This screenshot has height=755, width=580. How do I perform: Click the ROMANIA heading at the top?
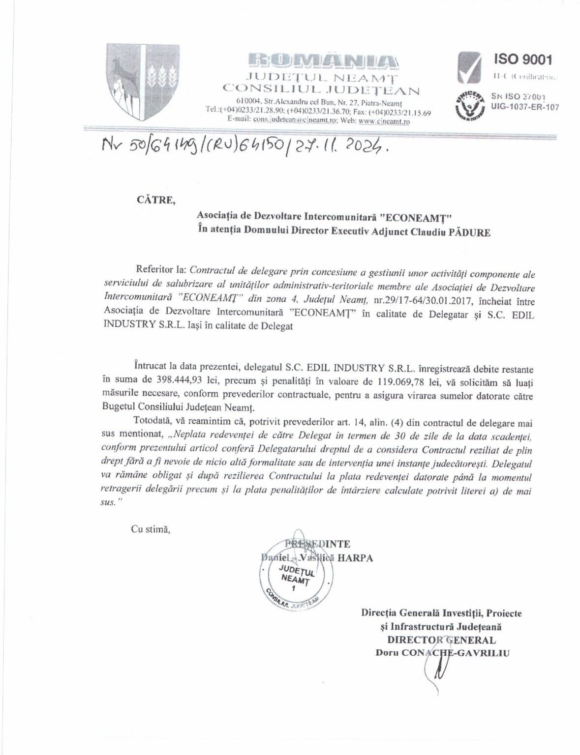(321, 60)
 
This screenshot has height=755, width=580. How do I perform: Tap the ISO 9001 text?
(522, 60)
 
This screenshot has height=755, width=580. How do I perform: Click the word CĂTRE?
(152, 200)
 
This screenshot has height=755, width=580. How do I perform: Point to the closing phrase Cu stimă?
(150, 529)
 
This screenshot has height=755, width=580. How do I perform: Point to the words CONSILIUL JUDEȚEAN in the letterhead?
(321, 89)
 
